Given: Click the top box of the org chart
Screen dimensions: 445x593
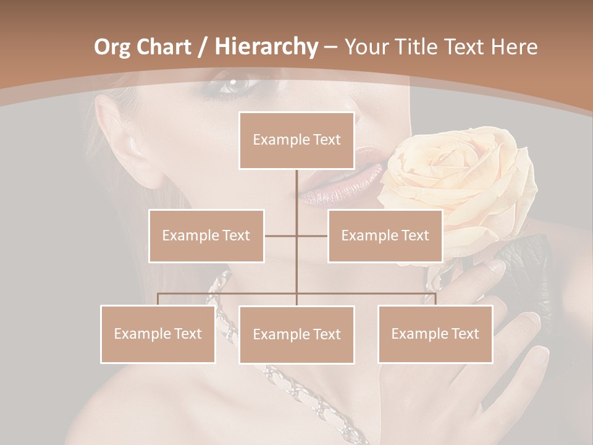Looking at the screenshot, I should point(296,140).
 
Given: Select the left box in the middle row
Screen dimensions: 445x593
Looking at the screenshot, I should point(206,235).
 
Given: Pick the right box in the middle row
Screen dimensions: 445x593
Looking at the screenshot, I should point(385,235).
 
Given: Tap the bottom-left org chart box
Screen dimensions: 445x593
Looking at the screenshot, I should point(158,334).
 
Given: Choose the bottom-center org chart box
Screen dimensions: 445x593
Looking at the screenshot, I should point(296,334).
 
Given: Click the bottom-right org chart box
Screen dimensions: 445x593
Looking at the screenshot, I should point(435,334).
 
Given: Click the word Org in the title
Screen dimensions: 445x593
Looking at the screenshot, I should point(112,47).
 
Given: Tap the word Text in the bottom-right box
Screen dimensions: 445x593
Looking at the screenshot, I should point(465,334).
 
